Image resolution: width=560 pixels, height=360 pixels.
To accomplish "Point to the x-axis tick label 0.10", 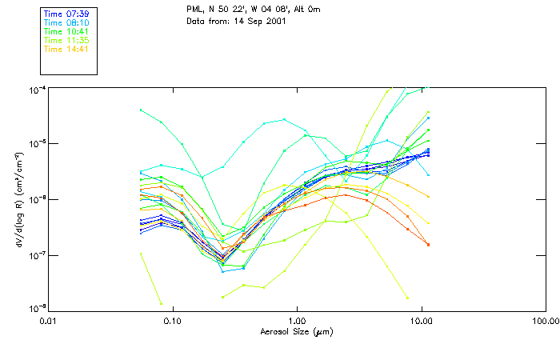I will click(173, 320).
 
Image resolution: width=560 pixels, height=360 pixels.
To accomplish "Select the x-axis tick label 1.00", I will click(297, 320).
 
